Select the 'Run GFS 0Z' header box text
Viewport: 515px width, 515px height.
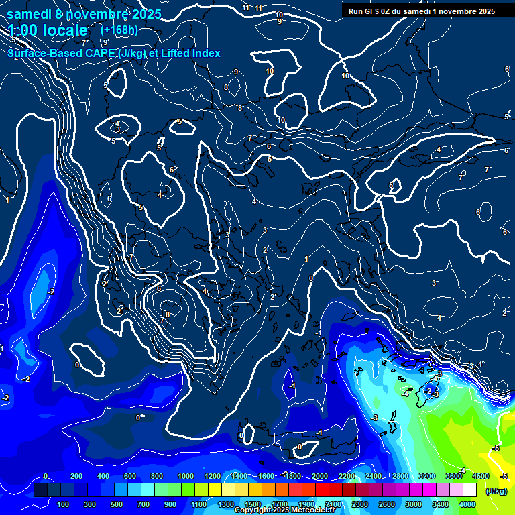point(376,11)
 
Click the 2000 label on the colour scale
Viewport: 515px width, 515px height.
point(320,476)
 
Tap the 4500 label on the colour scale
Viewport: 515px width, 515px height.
point(481,476)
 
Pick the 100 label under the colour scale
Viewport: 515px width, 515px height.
point(63,504)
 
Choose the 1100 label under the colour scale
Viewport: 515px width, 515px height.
point(199,504)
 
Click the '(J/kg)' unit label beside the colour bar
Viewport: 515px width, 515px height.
point(496,491)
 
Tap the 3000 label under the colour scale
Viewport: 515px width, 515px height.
point(414,504)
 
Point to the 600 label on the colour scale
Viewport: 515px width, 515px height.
point(130,476)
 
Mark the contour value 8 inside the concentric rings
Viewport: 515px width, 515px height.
point(168,314)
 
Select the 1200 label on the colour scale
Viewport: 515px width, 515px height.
point(212,476)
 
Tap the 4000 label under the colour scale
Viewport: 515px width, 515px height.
point(467,504)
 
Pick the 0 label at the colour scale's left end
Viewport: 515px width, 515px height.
point(45,476)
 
